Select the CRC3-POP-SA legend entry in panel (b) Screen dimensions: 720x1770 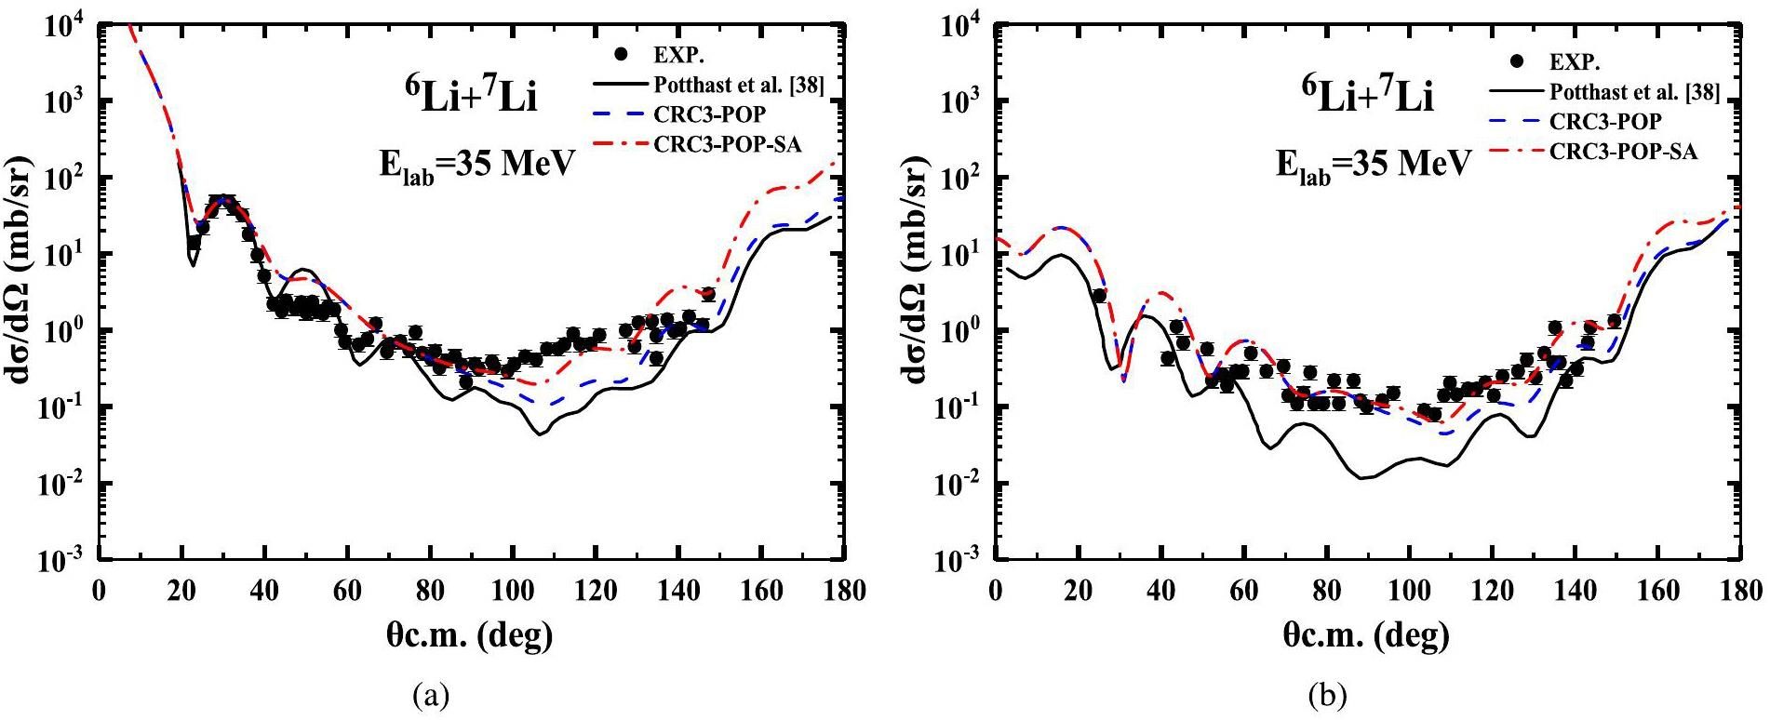[1623, 152]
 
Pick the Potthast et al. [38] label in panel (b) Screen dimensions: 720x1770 [1634, 92]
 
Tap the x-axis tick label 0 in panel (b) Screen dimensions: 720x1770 [997, 592]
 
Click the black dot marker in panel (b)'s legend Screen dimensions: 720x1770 [1518, 62]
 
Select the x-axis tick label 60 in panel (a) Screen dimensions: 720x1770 [347, 592]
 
